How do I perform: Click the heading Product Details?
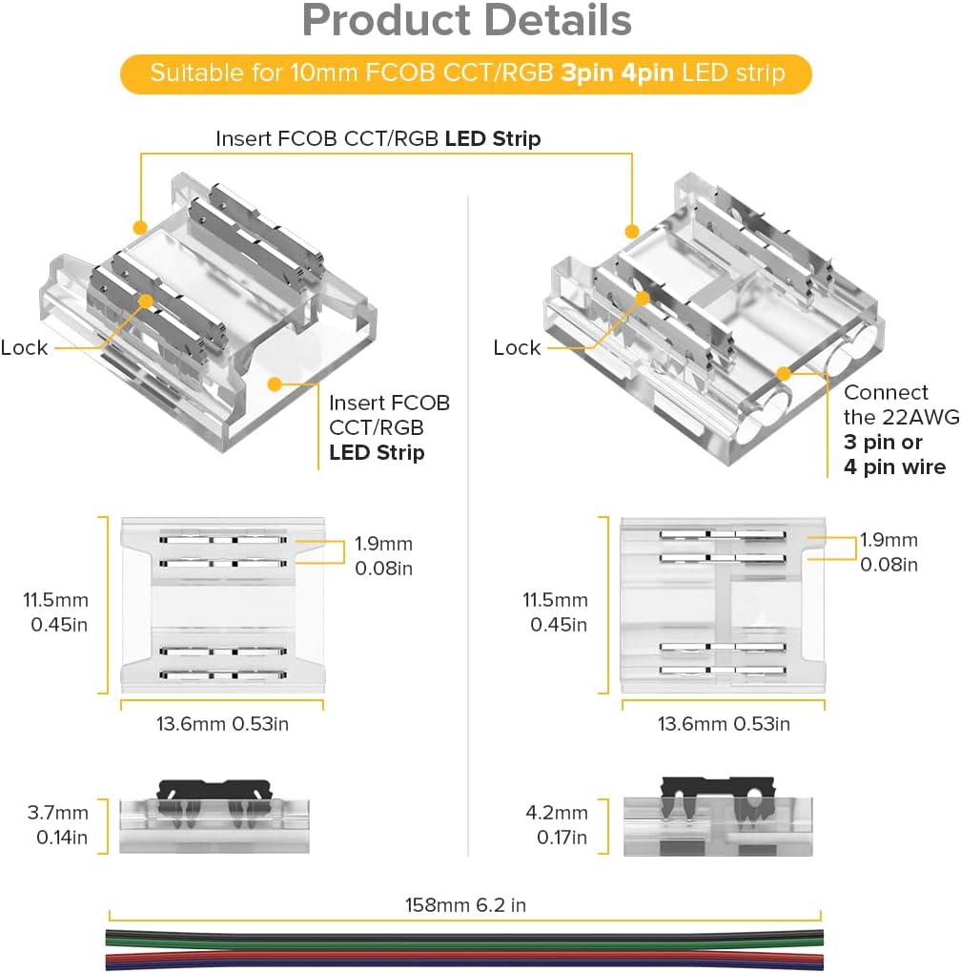click(x=466, y=22)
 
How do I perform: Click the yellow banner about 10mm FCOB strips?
click(x=466, y=73)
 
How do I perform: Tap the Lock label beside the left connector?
click(x=24, y=347)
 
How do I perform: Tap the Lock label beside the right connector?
click(x=517, y=347)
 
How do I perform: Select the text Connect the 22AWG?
click(x=886, y=404)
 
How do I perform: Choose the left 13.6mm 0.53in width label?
click(x=222, y=723)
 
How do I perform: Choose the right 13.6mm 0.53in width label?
click(x=724, y=723)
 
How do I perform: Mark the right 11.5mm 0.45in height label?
click(x=555, y=612)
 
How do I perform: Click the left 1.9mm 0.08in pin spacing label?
click(x=383, y=555)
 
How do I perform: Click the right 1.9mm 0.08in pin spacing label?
click(x=889, y=551)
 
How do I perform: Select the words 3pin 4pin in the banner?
click(x=619, y=73)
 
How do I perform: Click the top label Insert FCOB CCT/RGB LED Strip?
click(x=378, y=138)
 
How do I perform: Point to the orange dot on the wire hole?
click(x=785, y=373)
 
